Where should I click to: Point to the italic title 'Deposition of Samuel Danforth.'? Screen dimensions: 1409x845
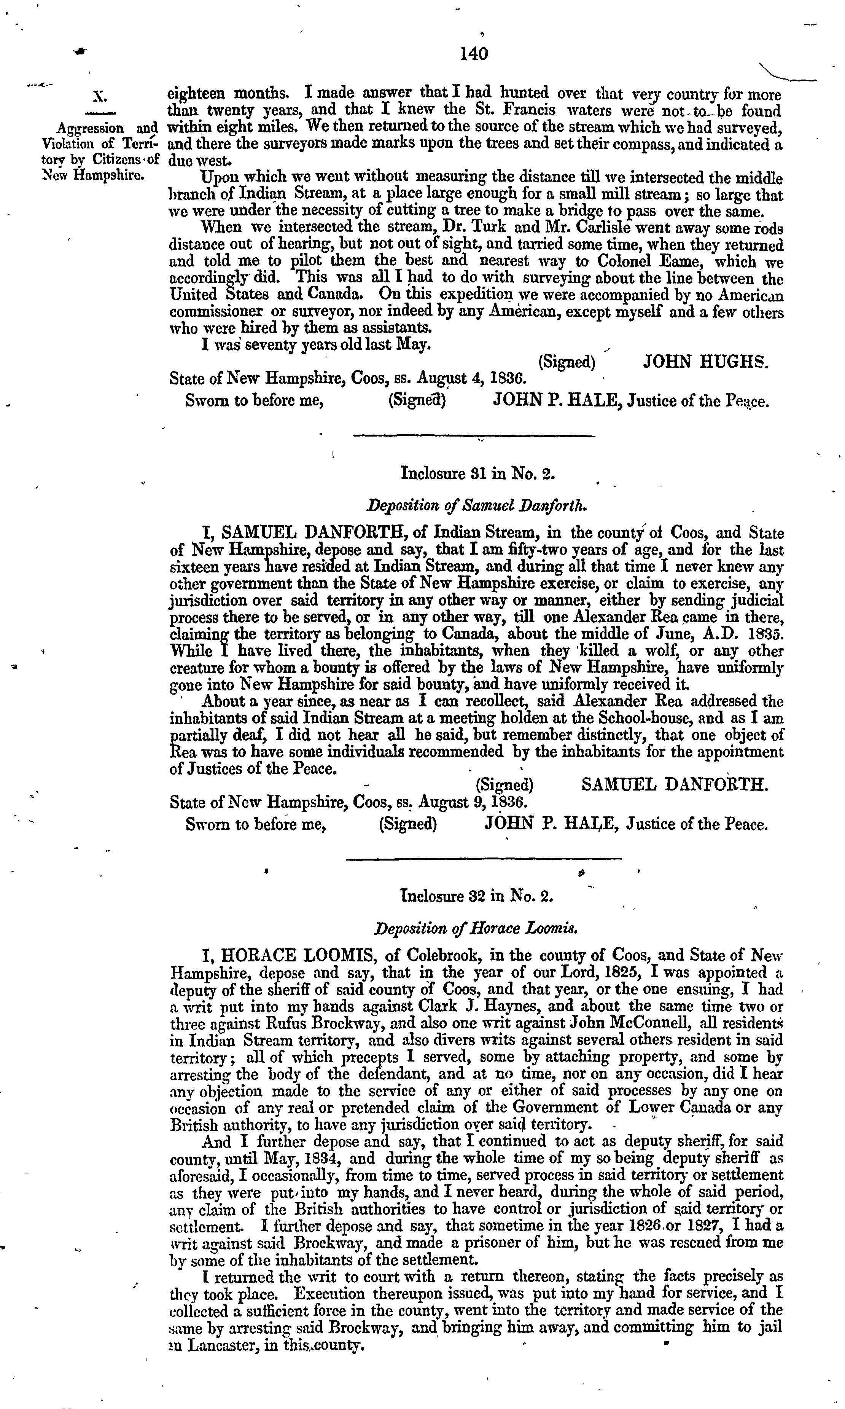(x=477, y=505)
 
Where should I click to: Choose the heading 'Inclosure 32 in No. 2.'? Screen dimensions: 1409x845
(x=477, y=896)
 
